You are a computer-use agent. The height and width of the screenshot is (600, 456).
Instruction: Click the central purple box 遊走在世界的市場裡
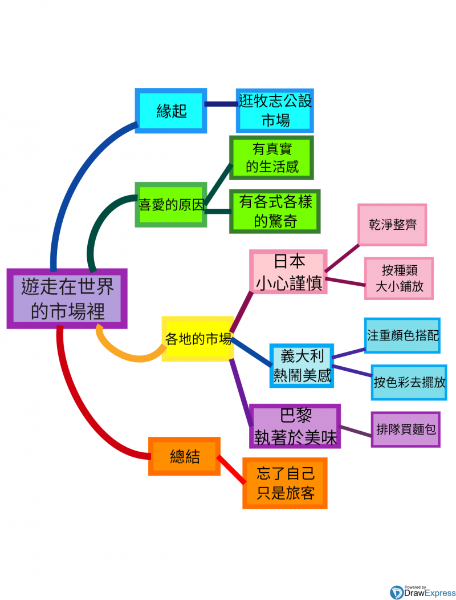pyautogui.click(x=67, y=298)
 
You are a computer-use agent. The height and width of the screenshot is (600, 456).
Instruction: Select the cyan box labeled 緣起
pyautogui.click(x=171, y=111)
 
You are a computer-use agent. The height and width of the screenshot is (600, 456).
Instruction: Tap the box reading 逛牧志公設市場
pyautogui.click(x=275, y=110)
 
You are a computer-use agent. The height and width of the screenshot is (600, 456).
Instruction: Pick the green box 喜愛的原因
pyautogui.click(x=171, y=204)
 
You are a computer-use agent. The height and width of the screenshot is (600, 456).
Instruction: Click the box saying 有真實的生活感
pyautogui.click(x=271, y=158)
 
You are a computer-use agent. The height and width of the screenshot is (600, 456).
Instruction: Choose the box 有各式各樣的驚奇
pyautogui.click(x=275, y=211)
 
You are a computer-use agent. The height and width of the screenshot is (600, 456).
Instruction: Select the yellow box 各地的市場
pyautogui.click(x=198, y=339)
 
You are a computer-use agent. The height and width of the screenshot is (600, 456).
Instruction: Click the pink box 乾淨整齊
pyautogui.click(x=392, y=225)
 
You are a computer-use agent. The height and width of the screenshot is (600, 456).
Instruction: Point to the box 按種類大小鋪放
pyautogui.click(x=399, y=278)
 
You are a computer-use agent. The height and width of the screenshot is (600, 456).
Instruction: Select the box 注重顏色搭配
pyautogui.click(x=402, y=335)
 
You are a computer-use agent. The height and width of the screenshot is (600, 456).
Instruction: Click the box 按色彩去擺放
pyautogui.click(x=409, y=382)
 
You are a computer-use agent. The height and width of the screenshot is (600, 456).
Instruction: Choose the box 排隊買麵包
pyautogui.click(x=405, y=429)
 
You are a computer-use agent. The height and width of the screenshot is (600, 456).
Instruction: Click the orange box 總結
pyautogui.click(x=184, y=456)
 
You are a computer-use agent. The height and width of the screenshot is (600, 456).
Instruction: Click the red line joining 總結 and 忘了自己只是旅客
pyautogui.click(x=231, y=469)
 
